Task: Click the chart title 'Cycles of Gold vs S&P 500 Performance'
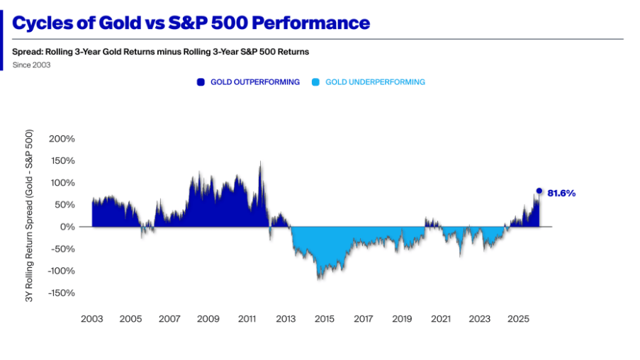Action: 191,23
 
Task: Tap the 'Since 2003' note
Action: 31,65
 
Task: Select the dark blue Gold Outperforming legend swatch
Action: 201,82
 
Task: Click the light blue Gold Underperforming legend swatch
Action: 315,82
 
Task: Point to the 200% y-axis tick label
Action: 62,138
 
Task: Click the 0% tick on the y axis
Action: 67,227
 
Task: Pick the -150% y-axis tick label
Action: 60,293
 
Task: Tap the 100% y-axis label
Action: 62,183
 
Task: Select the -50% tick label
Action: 62,249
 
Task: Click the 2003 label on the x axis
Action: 91,319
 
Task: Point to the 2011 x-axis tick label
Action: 247,319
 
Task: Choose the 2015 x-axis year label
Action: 325,319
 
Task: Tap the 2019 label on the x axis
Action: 402,319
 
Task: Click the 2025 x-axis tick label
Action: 519,319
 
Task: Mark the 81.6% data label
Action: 561,193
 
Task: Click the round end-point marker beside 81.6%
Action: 539,191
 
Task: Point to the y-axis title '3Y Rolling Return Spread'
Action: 30,216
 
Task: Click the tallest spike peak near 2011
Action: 260,162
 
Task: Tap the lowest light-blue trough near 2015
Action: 319,279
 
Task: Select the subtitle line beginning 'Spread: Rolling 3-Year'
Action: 160,52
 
